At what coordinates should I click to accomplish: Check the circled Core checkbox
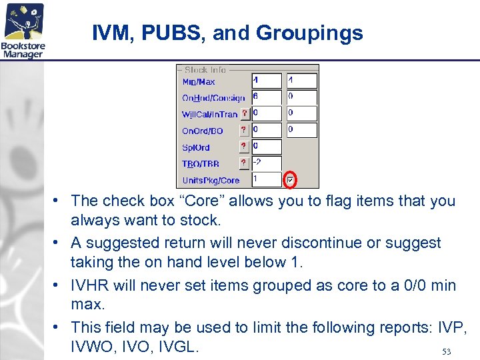[290, 180]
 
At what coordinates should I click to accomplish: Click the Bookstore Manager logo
[24, 31]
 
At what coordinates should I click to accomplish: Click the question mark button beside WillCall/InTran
[245, 114]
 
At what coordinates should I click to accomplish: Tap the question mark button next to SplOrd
[245, 147]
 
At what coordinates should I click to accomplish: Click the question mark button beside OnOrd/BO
[245, 131]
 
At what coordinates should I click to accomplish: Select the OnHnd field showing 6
[266, 97]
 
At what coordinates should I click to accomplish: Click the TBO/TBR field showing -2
[266, 163]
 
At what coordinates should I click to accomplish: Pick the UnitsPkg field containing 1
[266, 180]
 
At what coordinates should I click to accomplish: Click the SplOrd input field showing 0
[266, 147]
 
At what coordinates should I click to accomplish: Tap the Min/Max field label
[199, 82]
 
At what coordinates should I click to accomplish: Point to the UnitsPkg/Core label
[211, 181]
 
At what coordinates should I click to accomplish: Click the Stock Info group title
[205, 69]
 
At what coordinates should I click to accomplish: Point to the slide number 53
[447, 351]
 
